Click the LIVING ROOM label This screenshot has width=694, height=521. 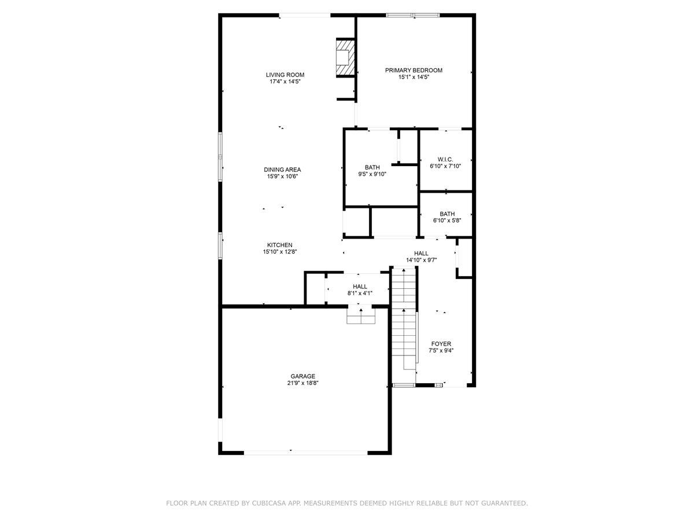pos(285,75)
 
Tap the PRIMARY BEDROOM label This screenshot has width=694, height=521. pos(414,70)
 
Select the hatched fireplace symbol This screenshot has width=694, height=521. pos(345,57)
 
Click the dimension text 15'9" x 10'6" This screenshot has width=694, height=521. pos(282,177)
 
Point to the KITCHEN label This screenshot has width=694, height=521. pos(279,245)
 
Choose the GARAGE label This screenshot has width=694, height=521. pos(302,376)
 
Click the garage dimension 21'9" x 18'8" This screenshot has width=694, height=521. pos(302,383)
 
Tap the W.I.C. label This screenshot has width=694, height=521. pos(445,159)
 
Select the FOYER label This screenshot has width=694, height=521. pos(441,343)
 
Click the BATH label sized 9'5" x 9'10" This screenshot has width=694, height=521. pos(372,167)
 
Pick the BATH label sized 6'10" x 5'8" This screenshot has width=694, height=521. pos(447,213)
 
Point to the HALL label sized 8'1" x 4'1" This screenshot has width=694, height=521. pos(360,286)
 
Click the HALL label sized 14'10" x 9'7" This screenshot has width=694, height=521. pos(421,253)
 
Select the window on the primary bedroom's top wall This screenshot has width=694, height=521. pos(413,15)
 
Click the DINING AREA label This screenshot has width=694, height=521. pos(282,170)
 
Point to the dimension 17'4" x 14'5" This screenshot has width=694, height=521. pos(285,82)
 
